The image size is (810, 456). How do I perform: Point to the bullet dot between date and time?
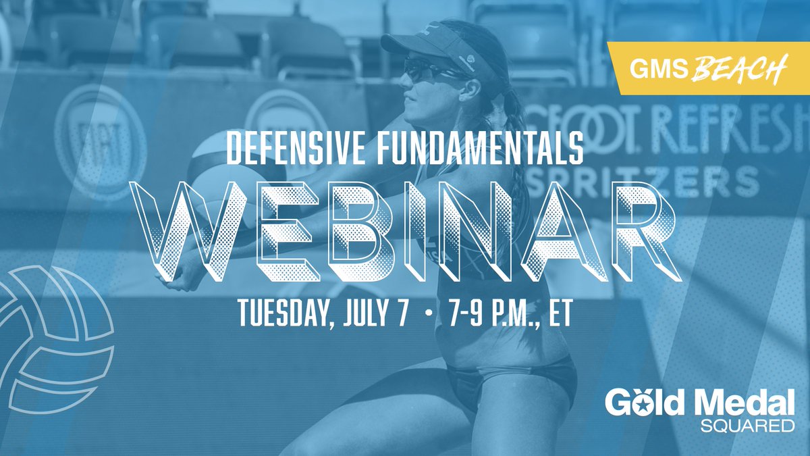point(422,316)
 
